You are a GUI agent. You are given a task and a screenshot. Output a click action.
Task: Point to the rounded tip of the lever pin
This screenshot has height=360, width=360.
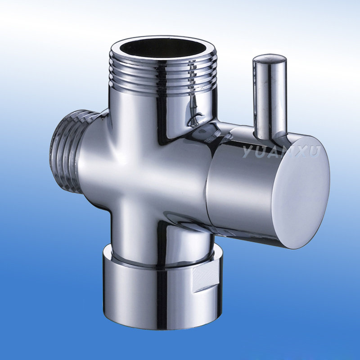click(270, 60)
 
